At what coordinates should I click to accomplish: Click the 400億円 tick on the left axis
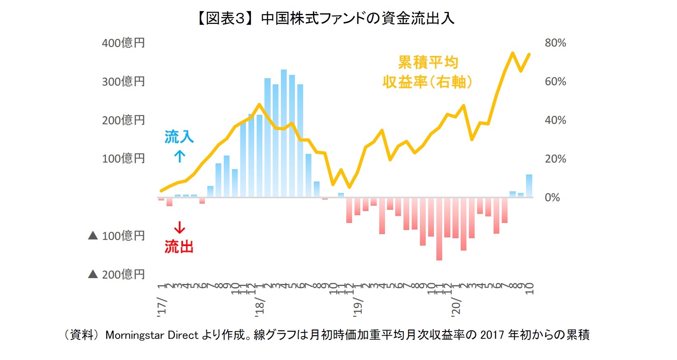pyautogui.click(x=123, y=43)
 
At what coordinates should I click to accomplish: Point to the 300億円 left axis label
pyautogui.click(x=123, y=81)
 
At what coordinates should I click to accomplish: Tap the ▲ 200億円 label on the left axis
pyautogui.click(x=117, y=274)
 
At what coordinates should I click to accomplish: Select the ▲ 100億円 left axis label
pyautogui.click(x=117, y=236)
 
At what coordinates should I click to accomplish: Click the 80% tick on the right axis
pyautogui.click(x=555, y=43)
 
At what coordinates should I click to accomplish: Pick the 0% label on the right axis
pyautogui.click(x=552, y=197)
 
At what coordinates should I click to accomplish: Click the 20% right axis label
pyautogui.click(x=555, y=159)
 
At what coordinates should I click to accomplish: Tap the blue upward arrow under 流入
pyautogui.click(x=179, y=156)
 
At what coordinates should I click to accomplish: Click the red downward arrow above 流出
pyautogui.click(x=179, y=228)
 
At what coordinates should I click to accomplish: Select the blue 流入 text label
pyautogui.click(x=179, y=137)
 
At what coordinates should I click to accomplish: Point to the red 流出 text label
pyautogui.click(x=179, y=247)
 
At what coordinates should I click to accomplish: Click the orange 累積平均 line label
pyautogui.click(x=428, y=63)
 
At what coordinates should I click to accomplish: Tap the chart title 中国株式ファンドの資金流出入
pyautogui.click(x=357, y=19)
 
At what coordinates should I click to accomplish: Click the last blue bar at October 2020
pyautogui.click(x=529, y=186)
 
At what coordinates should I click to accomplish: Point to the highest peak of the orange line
pyautogui.click(x=512, y=53)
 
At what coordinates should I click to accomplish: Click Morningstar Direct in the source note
pyautogui.click(x=152, y=335)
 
